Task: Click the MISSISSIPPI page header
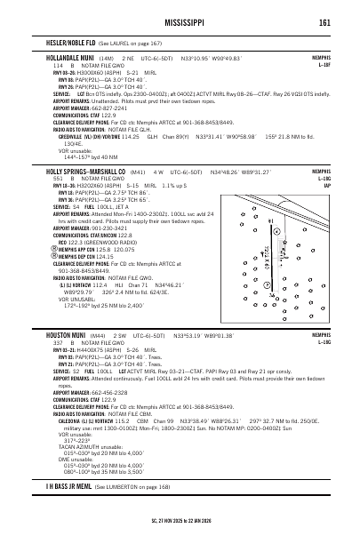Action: click(180, 21)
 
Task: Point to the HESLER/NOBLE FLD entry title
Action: click(69, 42)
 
